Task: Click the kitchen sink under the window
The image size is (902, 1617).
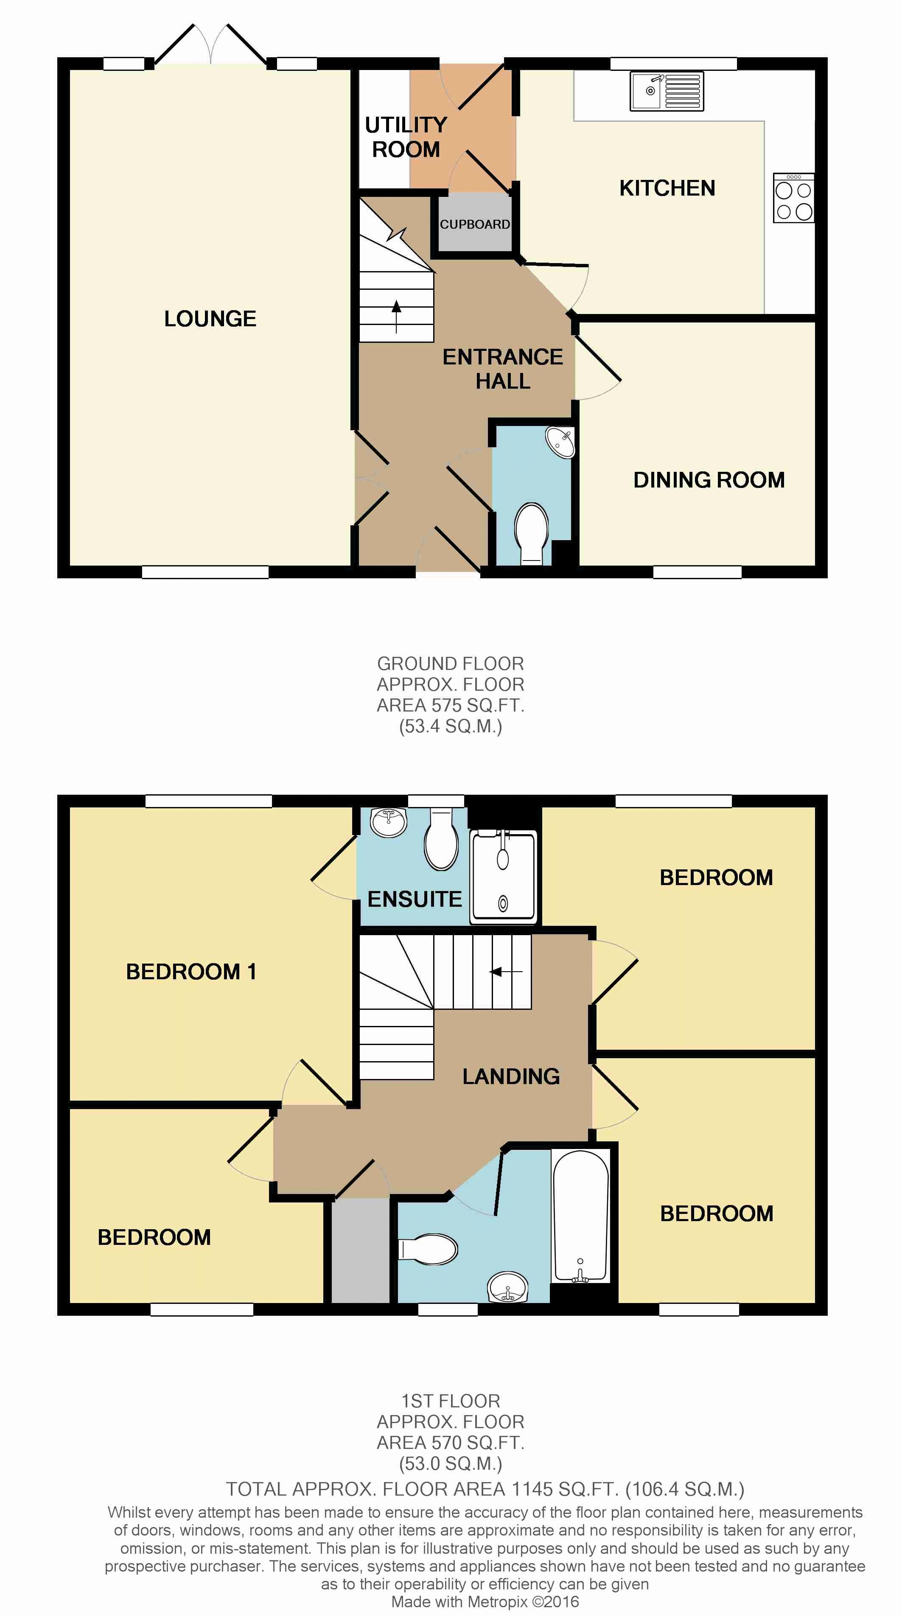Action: [x=667, y=91]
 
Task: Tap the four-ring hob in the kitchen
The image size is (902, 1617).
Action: [x=793, y=198]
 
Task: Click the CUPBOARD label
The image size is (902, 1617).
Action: [x=474, y=224]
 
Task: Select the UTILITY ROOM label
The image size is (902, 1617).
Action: [x=406, y=137]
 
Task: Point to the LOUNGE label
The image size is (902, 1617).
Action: [x=210, y=319]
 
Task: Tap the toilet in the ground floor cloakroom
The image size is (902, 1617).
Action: [x=531, y=534]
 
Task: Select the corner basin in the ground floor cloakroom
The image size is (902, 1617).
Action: [x=560, y=443]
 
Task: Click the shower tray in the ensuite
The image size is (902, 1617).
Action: [x=504, y=877]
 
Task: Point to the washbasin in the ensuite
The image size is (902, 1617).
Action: [x=389, y=822]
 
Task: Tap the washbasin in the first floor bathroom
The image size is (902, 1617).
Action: [x=508, y=1287]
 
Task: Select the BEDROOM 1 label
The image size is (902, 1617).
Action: [x=191, y=972]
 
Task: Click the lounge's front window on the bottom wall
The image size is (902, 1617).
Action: [x=205, y=572]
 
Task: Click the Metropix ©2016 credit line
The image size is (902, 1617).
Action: [x=485, y=1602]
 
